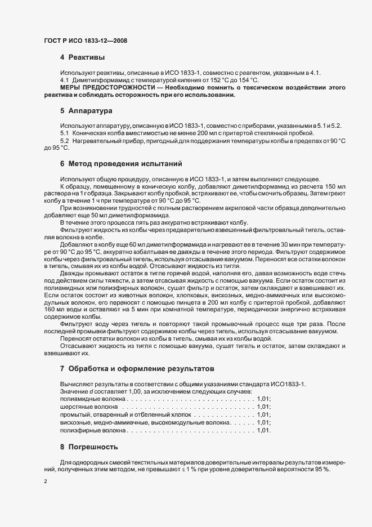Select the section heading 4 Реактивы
[84, 57]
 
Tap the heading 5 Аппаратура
[87, 111]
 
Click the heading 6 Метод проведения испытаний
[120, 164]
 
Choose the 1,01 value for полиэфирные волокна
[263, 431]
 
